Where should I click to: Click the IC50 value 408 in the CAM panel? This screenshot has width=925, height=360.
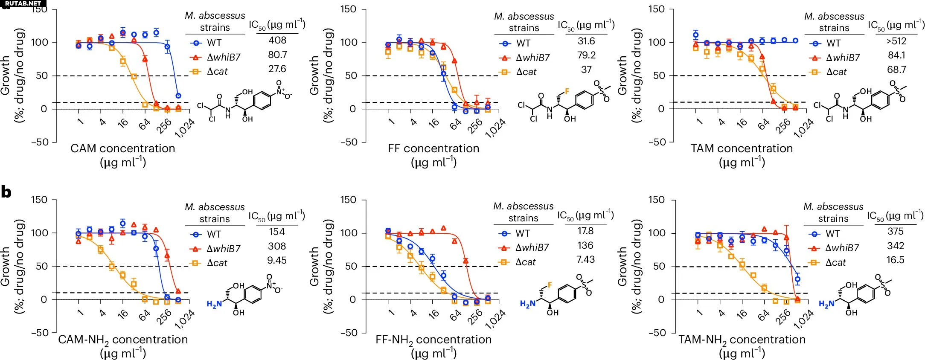(x=277, y=41)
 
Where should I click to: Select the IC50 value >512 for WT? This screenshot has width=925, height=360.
(x=896, y=41)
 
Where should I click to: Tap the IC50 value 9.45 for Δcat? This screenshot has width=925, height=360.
(x=276, y=260)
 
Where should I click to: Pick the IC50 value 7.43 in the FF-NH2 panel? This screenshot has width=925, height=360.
(x=585, y=259)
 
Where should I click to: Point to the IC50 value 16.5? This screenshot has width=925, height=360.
(x=895, y=260)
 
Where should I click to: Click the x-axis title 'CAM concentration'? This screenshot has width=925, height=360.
(x=123, y=148)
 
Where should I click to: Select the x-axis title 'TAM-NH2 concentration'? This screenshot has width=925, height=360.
(x=742, y=340)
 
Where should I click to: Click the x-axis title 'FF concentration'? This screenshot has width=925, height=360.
(x=433, y=148)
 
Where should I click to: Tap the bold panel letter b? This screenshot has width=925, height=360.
(x=6, y=192)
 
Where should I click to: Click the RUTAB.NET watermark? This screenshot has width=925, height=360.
(x=23, y=3)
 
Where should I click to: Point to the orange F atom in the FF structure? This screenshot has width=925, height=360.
(x=567, y=91)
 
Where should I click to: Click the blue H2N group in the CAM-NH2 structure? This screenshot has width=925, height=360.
(x=214, y=304)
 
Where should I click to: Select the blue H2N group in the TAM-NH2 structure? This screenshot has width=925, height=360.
(x=826, y=304)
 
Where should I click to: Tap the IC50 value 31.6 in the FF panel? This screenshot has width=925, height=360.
(x=586, y=41)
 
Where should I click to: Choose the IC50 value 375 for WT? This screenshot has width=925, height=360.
(x=895, y=232)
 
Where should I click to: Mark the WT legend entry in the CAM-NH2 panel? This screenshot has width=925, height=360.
(x=207, y=234)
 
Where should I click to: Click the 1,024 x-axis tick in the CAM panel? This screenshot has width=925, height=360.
(x=185, y=128)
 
